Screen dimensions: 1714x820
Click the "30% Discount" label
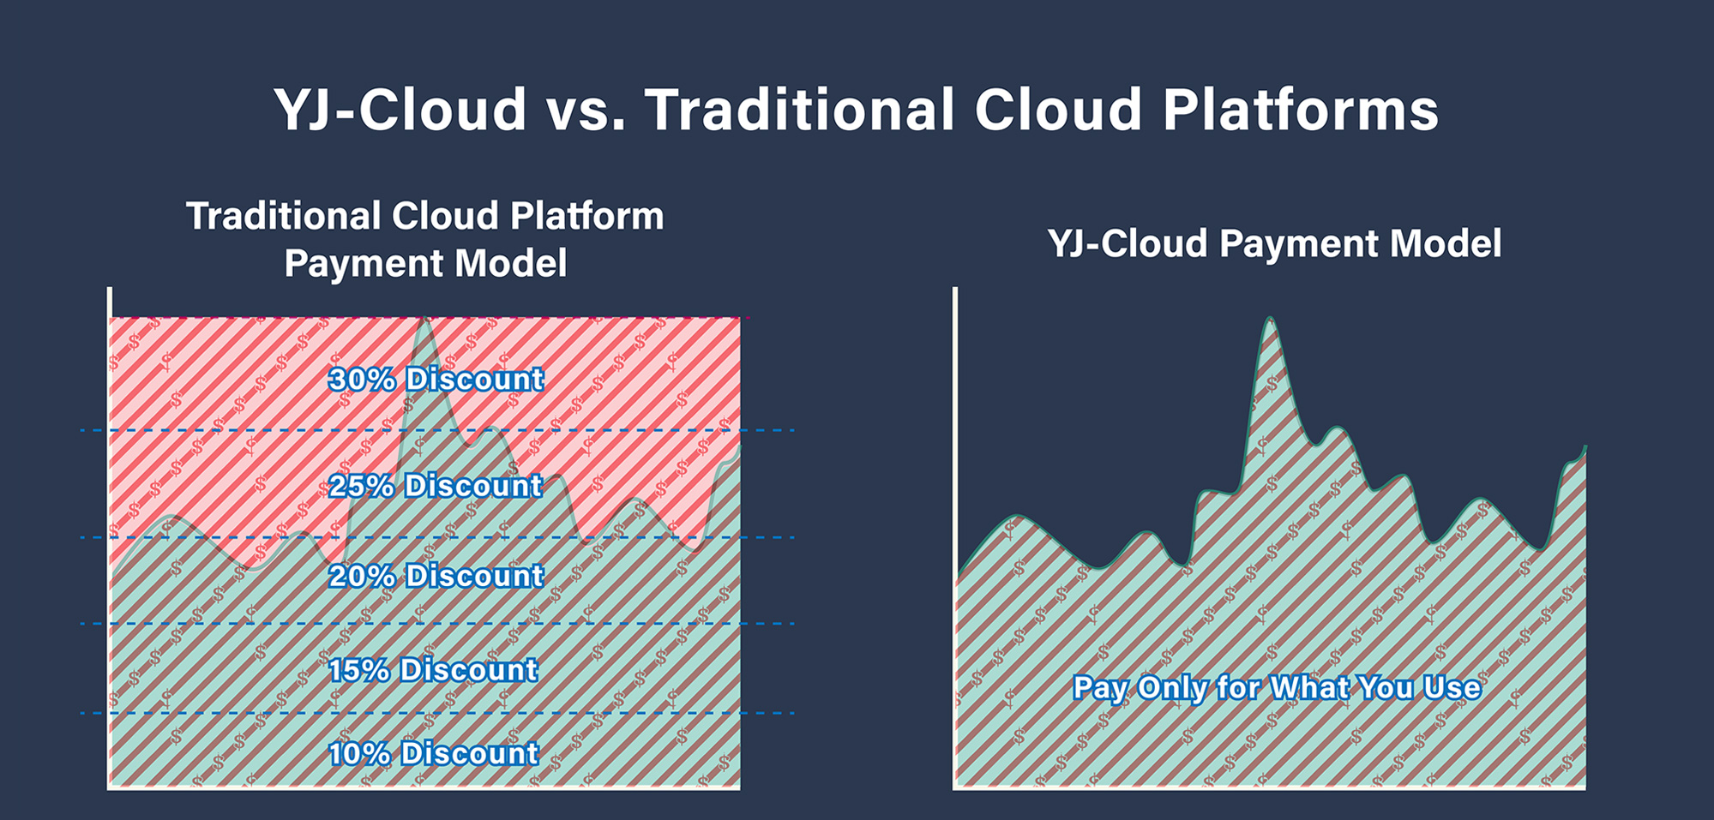[x=436, y=380]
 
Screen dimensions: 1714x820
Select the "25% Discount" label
[x=436, y=486]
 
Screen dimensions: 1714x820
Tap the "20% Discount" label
[x=436, y=576]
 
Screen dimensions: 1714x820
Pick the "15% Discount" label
[x=434, y=670]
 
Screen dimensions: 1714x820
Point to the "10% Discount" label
[x=434, y=754]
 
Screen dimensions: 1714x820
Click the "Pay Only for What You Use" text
[x=1277, y=688]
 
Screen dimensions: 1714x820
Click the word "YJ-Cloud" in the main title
[x=400, y=110]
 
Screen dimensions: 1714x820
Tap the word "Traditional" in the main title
[x=799, y=110]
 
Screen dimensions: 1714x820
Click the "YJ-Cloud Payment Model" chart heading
[x=1275, y=244]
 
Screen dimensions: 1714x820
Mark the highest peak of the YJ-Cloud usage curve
[x=1270, y=318]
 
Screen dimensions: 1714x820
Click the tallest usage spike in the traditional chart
[x=423, y=320]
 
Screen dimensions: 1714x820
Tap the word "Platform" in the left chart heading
[x=587, y=216]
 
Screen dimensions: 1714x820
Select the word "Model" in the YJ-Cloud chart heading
[x=1446, y=244]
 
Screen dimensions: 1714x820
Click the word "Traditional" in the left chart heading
[x=283, y=216]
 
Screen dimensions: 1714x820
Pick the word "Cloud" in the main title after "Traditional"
[x=1058, y=110]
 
